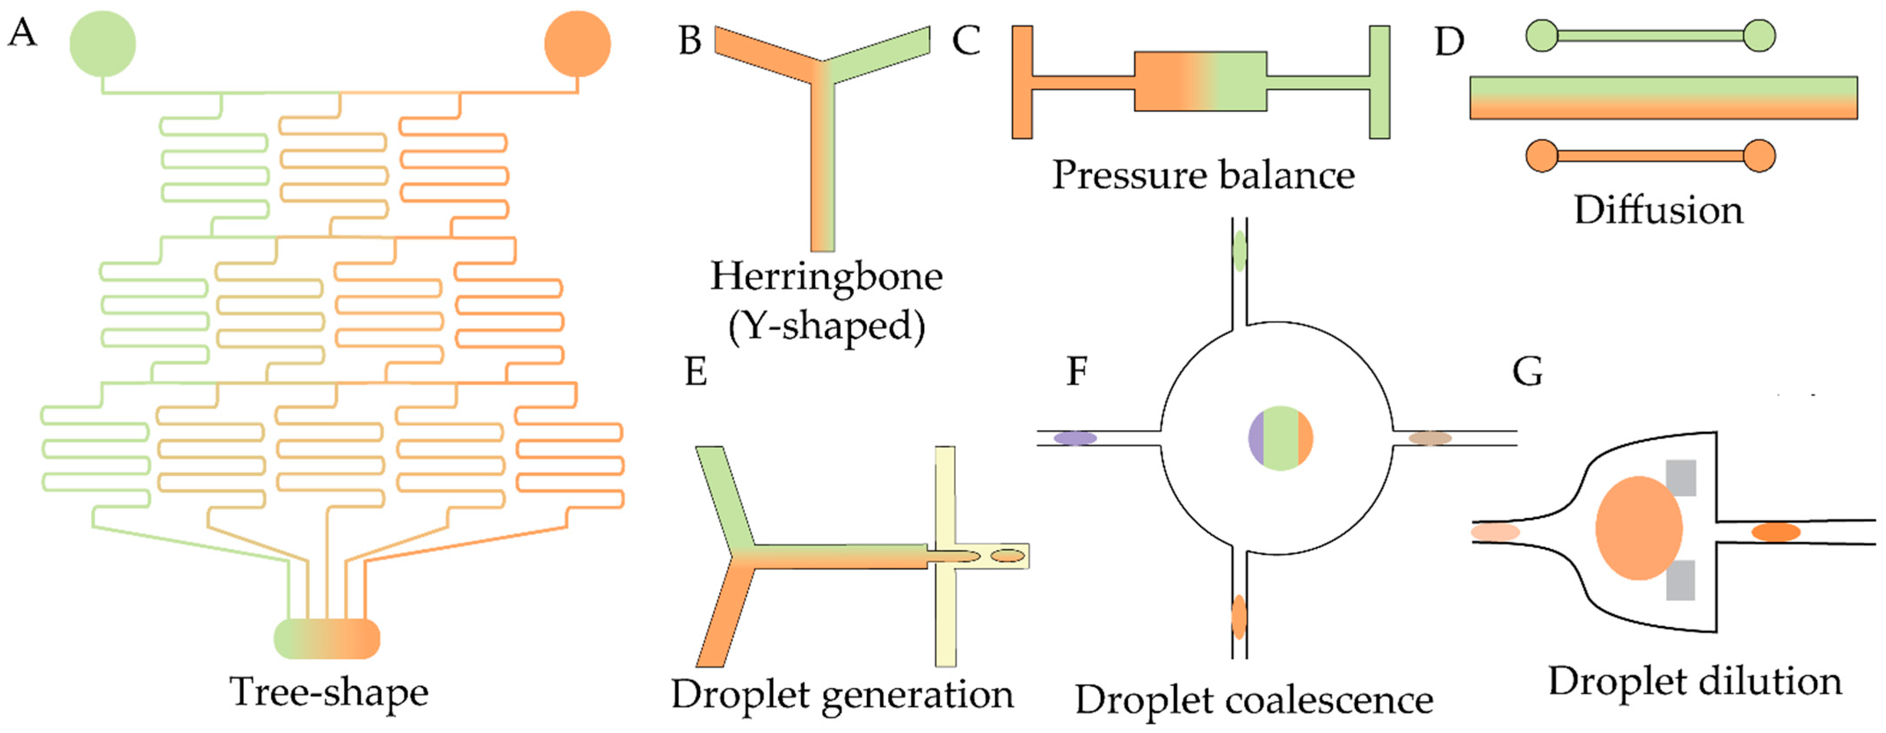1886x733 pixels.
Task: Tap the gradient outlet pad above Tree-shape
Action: [326, 639]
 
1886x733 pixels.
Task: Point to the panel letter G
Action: [1527, 372]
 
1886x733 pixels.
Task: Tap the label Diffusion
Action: [1658, 210]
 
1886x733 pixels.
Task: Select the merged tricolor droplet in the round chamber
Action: [1280, 438]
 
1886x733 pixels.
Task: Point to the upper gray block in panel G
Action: [1681, 477]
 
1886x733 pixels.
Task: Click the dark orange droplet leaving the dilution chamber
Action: [1775, 532]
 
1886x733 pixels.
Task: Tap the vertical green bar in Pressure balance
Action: [1379, 82]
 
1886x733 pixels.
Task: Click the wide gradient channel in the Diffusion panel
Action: [1663, 98]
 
